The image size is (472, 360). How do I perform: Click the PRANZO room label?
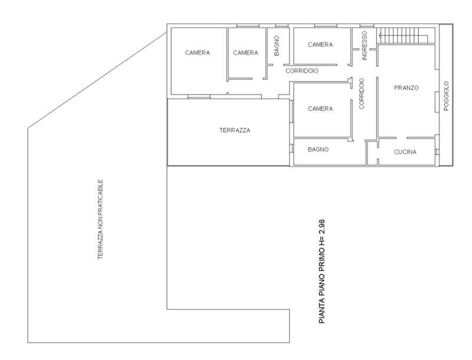coord(406,87)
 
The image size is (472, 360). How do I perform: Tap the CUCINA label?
coord(405,152)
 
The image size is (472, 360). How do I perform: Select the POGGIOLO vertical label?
coord(446,96)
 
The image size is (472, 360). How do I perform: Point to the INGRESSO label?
coord(364,46)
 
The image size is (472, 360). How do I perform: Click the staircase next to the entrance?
coord(402,35)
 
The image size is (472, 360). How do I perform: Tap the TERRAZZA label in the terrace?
coord(234,130)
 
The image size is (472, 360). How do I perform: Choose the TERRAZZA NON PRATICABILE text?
coord(100,219)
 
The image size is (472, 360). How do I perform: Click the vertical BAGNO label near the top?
coord(277,46)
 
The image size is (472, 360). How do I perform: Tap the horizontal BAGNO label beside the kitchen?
coord(318,149)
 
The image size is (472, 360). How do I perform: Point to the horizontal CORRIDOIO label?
coord(301,71)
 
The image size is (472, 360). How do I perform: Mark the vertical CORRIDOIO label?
coord(362,94)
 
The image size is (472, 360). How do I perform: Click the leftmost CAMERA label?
coord(197,53)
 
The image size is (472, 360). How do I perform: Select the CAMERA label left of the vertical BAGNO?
coord(245,53)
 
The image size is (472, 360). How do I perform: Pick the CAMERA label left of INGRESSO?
coord(320,44)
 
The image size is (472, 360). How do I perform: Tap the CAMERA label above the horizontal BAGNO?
coord(320,109)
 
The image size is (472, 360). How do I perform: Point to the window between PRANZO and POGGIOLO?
coord(436,102)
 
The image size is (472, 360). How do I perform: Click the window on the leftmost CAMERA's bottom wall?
coord(199,97)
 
